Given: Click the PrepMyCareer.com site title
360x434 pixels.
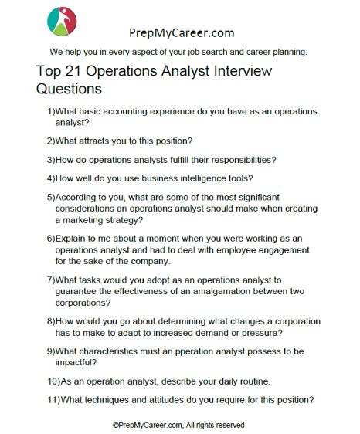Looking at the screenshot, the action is [x=179, y=33].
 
